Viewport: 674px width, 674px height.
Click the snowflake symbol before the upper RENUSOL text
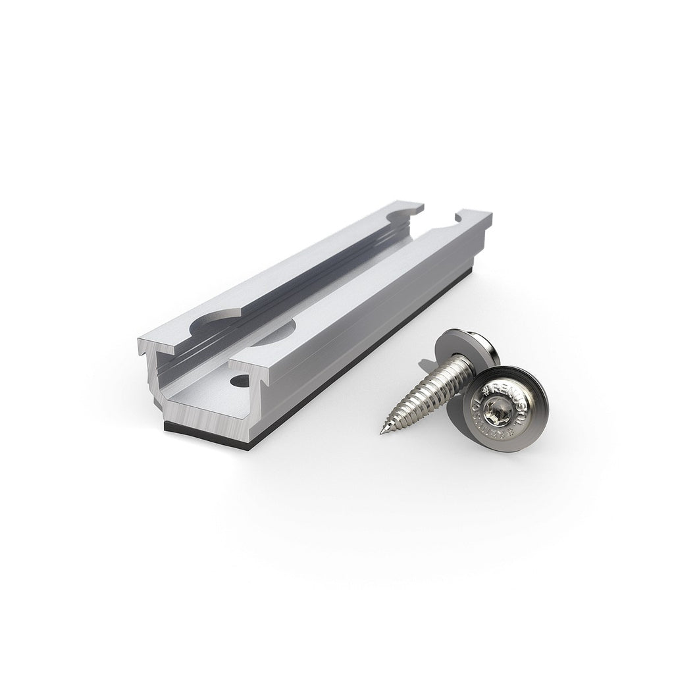pos(486,391)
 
